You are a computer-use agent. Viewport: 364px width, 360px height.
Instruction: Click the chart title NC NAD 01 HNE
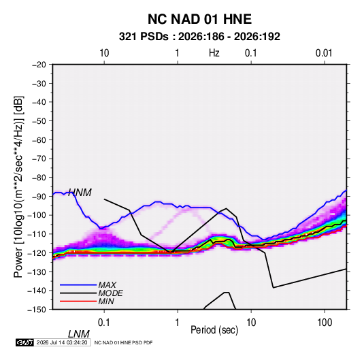click(199, 19)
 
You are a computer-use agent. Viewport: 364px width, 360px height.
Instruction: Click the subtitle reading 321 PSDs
click(144, 37)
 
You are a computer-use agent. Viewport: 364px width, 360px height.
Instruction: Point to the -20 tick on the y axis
click(39, 65)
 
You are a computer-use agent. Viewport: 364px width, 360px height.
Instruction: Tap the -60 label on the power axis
click(39, 140)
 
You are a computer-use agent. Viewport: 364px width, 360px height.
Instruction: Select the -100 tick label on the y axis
click(37, 215)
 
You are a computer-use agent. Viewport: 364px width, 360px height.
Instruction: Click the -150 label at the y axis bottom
click(37, 310)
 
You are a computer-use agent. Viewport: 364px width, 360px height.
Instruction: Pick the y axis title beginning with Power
click(18, 187)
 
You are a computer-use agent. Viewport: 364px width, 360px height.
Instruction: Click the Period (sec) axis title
click(214, 330)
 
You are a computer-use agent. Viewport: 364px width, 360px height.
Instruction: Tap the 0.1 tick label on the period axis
click(103, 323)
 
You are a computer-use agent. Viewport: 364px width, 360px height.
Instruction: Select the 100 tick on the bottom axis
click(325, 323)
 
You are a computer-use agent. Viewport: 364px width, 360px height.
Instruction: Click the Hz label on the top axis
click(214, 53)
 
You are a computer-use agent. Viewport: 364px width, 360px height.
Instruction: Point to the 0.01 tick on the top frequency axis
click(324, 53)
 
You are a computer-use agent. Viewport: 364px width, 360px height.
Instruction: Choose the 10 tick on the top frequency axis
click(104, 53)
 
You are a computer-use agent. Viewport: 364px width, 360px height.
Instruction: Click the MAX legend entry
click(107, 284)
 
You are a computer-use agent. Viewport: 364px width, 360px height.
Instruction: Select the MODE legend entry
click(110, 293)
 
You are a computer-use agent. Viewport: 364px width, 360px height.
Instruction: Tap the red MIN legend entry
click(106, 301)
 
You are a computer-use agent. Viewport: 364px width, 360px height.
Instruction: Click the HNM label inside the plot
click(80, 193)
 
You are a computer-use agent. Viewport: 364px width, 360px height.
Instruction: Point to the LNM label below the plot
click(78, 334)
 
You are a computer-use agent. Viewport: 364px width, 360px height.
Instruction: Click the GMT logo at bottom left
click(24, 342)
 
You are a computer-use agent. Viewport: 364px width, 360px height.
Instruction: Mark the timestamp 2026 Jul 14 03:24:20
click(62, 342)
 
